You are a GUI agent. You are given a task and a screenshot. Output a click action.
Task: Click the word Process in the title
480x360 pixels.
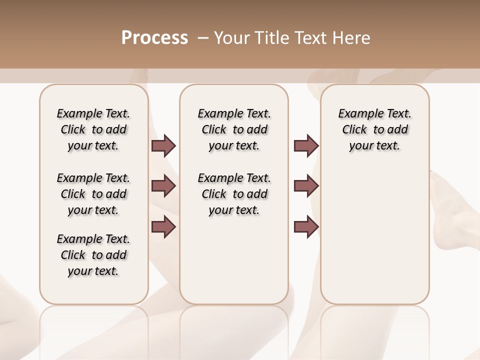(154, 38)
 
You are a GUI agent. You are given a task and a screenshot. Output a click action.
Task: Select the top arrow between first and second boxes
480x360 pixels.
(163, 146)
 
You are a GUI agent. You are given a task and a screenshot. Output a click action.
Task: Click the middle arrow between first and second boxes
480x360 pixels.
(163, 186)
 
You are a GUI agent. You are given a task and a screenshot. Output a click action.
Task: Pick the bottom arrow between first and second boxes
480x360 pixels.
(163, 227)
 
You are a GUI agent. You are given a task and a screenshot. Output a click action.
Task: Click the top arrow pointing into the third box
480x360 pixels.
(306, 146)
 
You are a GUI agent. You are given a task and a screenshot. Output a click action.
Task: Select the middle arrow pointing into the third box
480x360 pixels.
(306, 186)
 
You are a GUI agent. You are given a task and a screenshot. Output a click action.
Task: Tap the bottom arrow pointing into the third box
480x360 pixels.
(306, 227)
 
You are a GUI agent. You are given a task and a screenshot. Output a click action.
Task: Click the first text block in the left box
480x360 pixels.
(93, 129)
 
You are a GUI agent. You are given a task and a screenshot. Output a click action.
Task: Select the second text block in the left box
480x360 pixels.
(93, 194)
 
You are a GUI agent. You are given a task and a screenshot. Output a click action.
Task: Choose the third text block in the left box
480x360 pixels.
(93, 255)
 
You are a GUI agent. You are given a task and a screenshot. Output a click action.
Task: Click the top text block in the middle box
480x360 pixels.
(234, 129)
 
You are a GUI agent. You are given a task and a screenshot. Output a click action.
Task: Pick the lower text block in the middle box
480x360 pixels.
(234, 194)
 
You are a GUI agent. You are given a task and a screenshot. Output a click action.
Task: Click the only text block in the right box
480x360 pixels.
(374, 129)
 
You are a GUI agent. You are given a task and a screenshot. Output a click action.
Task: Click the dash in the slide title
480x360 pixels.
(203, 38)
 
